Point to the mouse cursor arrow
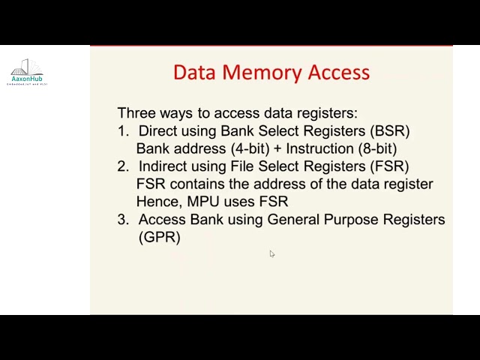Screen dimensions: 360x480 (271, 254)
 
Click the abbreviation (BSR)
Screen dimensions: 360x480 (390, 131)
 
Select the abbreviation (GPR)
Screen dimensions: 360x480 (160, 237)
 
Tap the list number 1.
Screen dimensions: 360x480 (123, 131)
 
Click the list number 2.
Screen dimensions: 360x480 (123, 166)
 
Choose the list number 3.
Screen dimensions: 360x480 (123, 220)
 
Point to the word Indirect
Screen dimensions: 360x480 (165, 166)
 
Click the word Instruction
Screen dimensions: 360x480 (319, 148)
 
